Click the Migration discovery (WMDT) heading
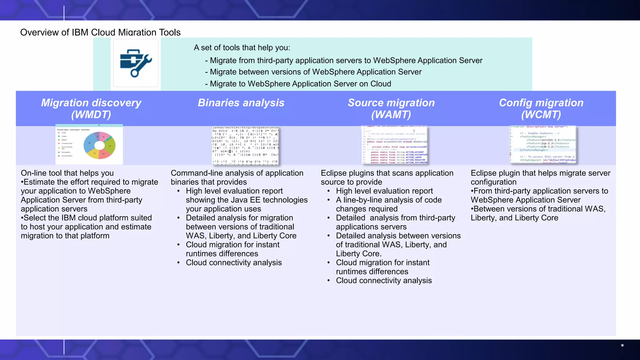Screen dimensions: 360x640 91,108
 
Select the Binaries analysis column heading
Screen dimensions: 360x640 241,103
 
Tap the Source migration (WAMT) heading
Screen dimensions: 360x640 391,108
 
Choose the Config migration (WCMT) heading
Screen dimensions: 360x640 541,108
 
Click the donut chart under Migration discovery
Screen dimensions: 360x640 99,145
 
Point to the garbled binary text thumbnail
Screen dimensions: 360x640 245,145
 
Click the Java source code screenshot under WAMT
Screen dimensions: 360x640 395,145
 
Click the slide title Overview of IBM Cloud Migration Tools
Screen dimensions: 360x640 100,32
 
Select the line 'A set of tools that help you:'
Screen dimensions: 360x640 242,47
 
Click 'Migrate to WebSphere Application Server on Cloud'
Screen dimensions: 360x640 300,84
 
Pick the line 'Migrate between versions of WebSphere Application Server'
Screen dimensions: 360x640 315,72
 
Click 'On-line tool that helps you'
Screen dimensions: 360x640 67,173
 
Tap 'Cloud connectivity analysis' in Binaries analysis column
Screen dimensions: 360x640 233,263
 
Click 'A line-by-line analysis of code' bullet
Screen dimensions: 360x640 388,200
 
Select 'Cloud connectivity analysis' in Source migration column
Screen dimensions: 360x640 383,281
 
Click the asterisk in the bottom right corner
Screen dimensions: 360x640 622,346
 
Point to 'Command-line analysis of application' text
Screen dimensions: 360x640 237,173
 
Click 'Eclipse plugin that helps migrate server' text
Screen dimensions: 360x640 540,173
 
